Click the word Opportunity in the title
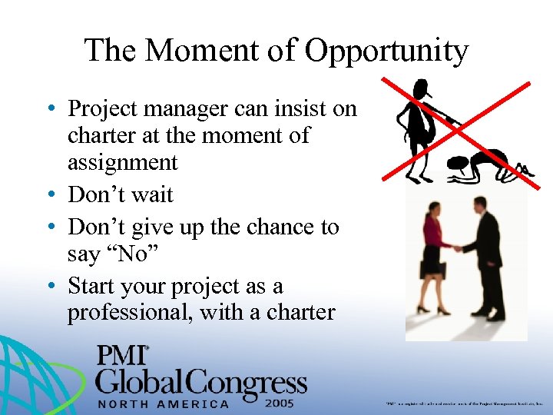[x=386, y=51]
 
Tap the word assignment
[x=123, y=162]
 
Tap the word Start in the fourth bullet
[x=94, y=286]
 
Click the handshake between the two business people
[x=457, y=247]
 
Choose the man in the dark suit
[x=488, y=257]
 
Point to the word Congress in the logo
[x=253, y=381]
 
